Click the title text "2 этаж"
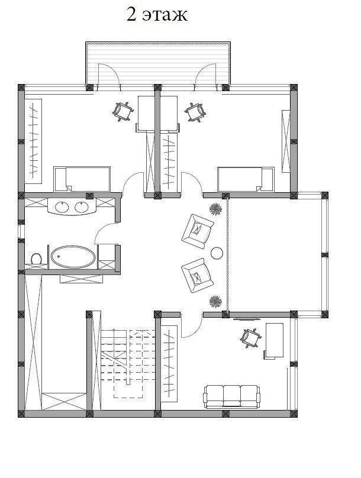[157, 15]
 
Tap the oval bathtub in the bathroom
[73, 257]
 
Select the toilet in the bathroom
[36, 259]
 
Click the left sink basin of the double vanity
[62, 207]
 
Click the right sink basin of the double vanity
[82, 207]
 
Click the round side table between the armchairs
[217, 253]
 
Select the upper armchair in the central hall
[197, 231]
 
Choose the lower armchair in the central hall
[197, 275]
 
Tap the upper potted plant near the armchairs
[215, 209]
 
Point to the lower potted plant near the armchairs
[215, 302]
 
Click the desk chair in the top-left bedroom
[123, 112]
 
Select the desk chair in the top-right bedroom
[195, 112]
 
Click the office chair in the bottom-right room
[251, 338]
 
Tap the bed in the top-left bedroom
[82, 179]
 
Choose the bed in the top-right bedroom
[246, 180]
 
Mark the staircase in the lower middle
[128, 363]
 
